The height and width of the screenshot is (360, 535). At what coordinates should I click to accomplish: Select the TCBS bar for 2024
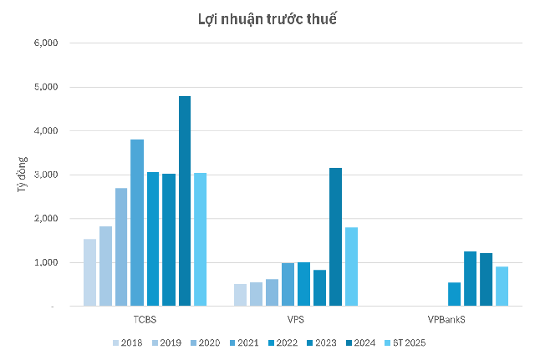pos(184,201)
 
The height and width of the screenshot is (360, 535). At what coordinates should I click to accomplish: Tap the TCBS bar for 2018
pos(89,272)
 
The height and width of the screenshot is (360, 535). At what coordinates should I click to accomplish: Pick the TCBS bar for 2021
pos(137,223)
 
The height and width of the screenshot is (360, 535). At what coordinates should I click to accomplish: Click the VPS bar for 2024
pos(335,237)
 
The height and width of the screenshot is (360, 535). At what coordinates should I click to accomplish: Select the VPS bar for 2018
pos(241,295)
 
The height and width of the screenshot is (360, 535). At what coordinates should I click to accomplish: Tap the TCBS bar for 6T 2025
pos(200,240)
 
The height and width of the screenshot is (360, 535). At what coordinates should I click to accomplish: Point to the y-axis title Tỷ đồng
pos(22,175)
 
